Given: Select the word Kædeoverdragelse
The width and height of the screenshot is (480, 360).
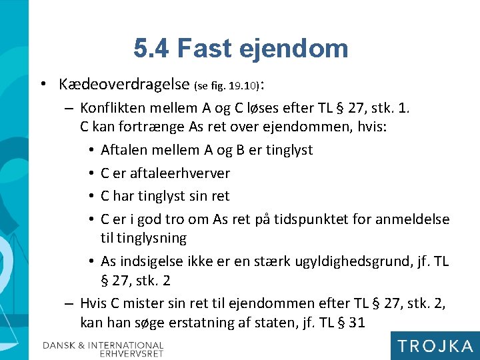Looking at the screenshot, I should pyautogui.click(x=124, y=85).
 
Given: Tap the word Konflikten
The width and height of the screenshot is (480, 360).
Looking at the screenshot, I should pyautogui.click(x=115, y=108).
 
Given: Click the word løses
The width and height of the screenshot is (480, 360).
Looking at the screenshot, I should pyautogui.click(x=283, y=108).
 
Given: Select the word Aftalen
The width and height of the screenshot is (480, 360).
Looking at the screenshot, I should pyautogui.click(x=124, y=150).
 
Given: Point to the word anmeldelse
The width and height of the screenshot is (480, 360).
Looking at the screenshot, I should pyautogui.click(x=416, y=219).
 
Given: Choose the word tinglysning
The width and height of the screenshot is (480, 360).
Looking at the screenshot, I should pyautogui.click(x=153, y=238).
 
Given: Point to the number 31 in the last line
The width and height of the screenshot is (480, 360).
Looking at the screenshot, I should pyautogui.click(x=357, y=323).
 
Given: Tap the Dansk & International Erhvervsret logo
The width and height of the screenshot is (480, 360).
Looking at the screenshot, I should pyautogui.click(x=103, y=349).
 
